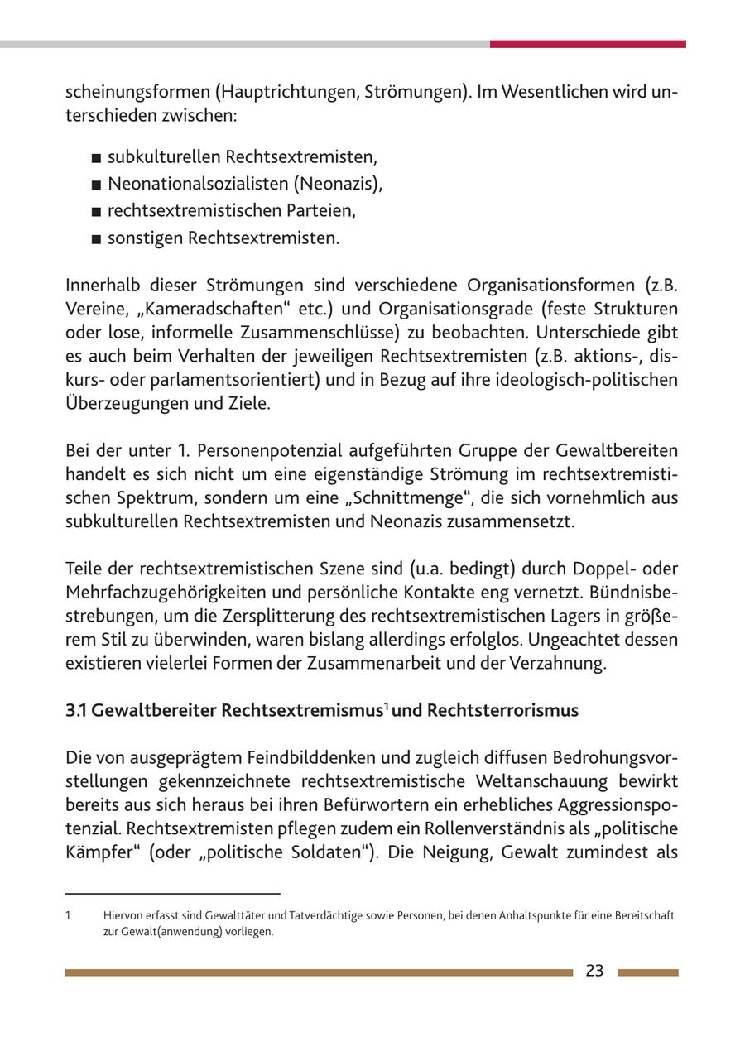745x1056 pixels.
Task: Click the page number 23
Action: pyautogui.click(x=594, y=972)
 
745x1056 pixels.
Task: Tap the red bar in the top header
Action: pyautogui.click(x=587, y=44)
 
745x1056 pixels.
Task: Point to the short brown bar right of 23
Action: pyautogui.click(x=647, y=973)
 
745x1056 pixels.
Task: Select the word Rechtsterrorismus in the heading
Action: pyautogui.click(x=502, y=711)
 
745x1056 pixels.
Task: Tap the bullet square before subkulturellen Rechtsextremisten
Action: pyautogui.click(x=97, y=158)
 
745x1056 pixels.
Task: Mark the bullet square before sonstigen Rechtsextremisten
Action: pyautogui.click(x=97, y=240)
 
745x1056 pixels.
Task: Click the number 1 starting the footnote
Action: pyautogui.click(x=68, y=916)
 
